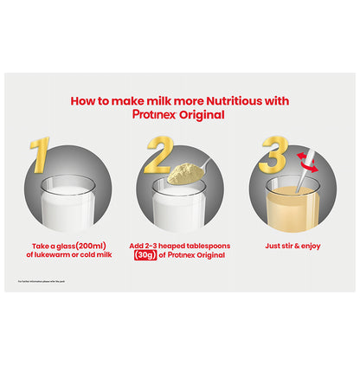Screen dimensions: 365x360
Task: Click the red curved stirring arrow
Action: [304, 158]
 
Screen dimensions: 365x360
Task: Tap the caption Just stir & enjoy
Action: [292, 246]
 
